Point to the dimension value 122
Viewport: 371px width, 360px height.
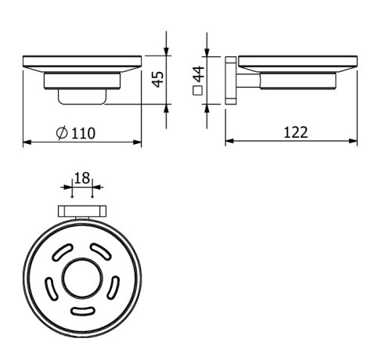pos(295,132)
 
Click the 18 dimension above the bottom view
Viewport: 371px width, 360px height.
pos(81,178)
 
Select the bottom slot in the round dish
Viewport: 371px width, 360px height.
pos(81,311)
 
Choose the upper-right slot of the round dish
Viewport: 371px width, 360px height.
pos(101,253)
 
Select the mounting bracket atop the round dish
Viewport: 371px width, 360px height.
pos(81,211)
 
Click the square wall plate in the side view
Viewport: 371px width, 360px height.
pos(230,79)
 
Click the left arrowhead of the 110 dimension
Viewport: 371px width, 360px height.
pos(27,142)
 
